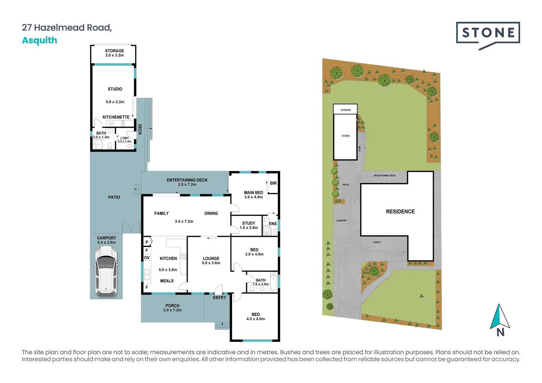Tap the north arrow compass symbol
pyautogui.click(x=500, y=320)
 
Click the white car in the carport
pyautogui.click(x=106, y=271)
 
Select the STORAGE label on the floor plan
pyautogui.click(x=115, y=51)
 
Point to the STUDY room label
pyautogui.click(x=249, y=223)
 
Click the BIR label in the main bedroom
pyautogui.click(x=273, y=183)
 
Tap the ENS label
pyautogui.click(x=273, y=224)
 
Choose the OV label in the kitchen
pyautogui.click(x=147, y=258)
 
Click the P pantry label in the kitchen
pyautogui.click(x=146, y=242)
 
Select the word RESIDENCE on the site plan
pyautogui.click(x=400, y=212)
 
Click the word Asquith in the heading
pyautogui.click(x=40, y=40)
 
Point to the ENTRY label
pyautogui.click(x=220, y=298)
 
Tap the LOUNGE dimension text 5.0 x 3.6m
pyautogui.click(x=211, y=263)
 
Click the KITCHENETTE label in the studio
pyautogui.click(x=116, y=117)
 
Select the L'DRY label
pyautogui.click(x=125, y=138)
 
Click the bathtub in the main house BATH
pyautogui.click(x=274, y=281)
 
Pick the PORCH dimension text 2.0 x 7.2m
pyautogui.click(x=172, y=310)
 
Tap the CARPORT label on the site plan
pyautogui.click(x=342, y=221)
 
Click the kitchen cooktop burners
pyautogui.click(x=183, y=256)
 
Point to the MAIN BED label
pyautogui.click(x=254, y=193)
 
